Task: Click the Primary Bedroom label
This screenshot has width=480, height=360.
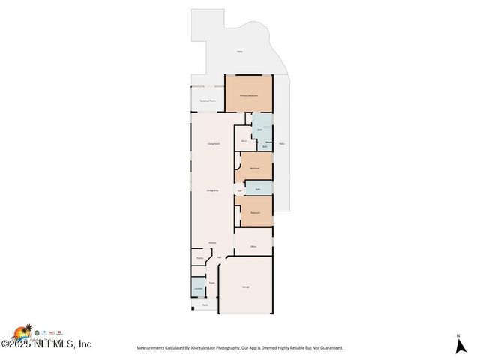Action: point(248,96)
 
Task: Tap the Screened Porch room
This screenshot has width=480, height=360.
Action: point(208,100)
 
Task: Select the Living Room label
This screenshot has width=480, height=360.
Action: point(213,143)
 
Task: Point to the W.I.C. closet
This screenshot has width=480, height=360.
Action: point(244,141)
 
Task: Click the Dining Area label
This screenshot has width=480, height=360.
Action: point(213,190)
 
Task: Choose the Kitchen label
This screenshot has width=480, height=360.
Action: point(213,243)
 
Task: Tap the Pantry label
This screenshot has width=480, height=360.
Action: point(200,258)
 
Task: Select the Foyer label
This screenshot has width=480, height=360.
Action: point(212,283)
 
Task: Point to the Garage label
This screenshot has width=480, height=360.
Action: point(245,287)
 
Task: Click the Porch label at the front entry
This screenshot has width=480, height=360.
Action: point(205,305)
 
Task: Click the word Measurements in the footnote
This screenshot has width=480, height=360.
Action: point(153,348)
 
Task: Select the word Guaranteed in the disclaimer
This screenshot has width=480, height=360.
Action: point(328,348)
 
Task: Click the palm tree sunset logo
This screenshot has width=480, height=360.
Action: point(22,331)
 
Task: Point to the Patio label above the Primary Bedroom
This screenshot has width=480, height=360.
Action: point(240,52)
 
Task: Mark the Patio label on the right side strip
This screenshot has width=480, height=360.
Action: point(281,142)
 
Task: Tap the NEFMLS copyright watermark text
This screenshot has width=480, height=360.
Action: point(46,344)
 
